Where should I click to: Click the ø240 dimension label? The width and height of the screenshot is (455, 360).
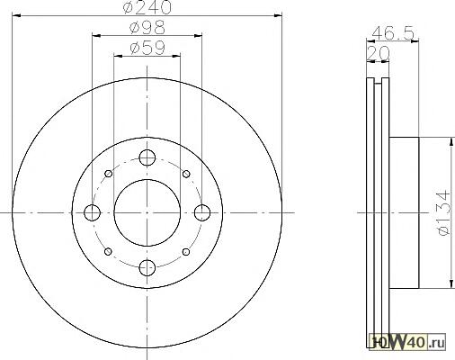[147, 6]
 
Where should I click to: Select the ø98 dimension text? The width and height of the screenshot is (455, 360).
[147, 27]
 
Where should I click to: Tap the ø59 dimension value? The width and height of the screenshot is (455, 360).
[147, 48]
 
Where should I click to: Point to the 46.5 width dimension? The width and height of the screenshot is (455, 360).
[393, 32]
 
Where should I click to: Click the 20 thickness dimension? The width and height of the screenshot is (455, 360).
[378, 53]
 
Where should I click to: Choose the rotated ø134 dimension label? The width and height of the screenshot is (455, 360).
[444, 212]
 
